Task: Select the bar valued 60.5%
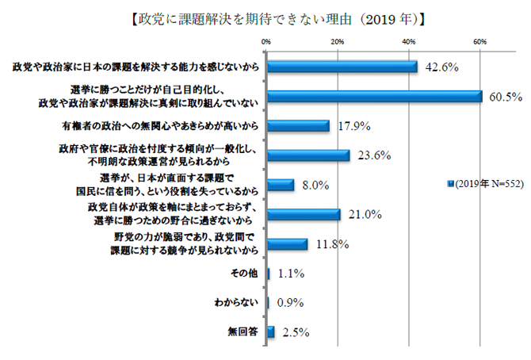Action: tap(375, 97)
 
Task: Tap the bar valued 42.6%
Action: tap(343, 67)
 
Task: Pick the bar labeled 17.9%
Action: tap(299, 126)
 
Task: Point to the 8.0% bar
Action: tap(281, 185)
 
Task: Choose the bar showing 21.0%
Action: tap(304, 214)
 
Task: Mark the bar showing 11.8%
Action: tap(288, 244)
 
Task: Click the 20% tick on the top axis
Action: tap(337, 40)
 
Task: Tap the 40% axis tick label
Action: tap(409, 40)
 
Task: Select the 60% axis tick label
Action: tap(480, 40)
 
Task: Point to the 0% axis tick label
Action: tap(267, 40)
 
